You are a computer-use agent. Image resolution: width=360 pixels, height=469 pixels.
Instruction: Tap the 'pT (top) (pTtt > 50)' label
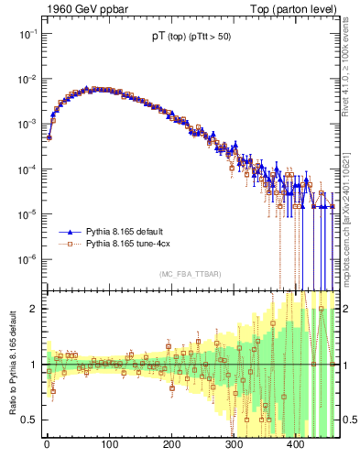coord(191,39)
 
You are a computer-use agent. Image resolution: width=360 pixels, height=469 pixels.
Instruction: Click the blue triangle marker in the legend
coord(71,233)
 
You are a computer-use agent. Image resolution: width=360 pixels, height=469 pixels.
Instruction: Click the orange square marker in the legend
coord(71,245)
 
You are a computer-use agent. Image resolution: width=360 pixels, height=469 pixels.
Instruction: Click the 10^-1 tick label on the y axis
coord(27,33)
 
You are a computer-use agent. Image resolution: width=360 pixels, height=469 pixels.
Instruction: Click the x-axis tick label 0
coord(47,445)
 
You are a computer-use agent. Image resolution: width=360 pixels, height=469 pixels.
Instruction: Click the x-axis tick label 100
coord(109,445)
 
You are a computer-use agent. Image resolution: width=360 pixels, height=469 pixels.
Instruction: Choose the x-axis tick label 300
coord(234,445)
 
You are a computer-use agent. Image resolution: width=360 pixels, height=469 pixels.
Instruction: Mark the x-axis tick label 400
coord(296,445)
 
